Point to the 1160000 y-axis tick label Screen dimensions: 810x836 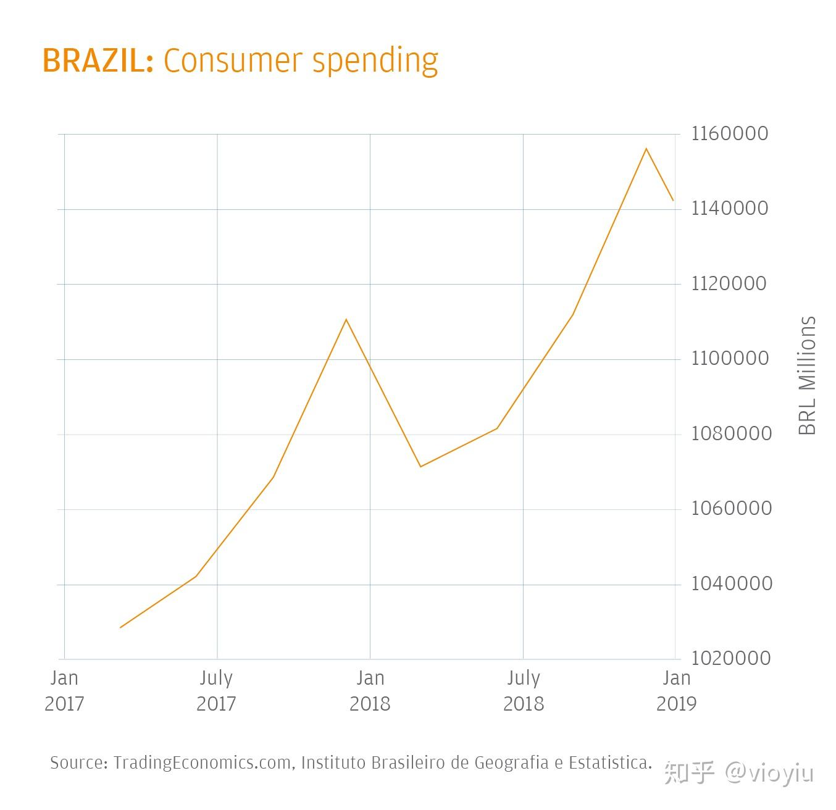(729, 133)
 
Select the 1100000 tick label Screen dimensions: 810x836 (729, 358)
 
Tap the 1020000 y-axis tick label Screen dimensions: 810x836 (730, 658)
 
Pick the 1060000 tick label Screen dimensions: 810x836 (730, 508)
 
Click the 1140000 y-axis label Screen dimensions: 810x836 (729, 208)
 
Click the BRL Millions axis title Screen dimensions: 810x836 (807, 375)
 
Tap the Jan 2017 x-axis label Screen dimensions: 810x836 (64, 691)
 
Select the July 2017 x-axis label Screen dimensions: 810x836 (216, 691)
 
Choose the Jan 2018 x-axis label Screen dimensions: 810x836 (370, 691)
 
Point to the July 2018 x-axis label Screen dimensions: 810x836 (524, 691)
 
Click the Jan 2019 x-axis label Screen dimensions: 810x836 (676, 691)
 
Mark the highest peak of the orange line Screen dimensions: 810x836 (646, 149)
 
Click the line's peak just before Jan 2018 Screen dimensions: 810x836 (346, 319)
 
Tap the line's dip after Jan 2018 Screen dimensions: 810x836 (420, 466)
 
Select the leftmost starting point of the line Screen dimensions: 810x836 (120, 627)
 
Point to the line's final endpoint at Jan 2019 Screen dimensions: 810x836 (673, 200)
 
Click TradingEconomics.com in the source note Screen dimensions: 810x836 (202, 763)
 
